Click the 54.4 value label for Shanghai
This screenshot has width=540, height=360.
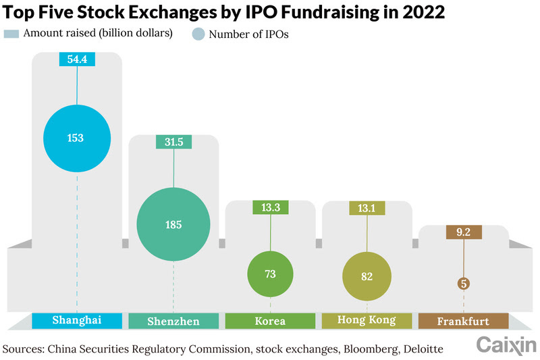76,59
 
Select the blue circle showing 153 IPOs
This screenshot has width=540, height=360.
76,138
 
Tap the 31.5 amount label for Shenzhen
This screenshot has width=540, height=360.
173,142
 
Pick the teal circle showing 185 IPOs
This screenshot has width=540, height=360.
173,224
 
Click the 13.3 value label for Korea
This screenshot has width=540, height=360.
270,208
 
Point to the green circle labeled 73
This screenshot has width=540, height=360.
270,274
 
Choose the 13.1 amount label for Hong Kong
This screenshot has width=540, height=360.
367,208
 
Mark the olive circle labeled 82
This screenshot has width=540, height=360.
367,276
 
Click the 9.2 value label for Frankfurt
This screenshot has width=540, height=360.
463,232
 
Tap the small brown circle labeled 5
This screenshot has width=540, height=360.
463,283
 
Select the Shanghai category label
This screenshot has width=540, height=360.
76,320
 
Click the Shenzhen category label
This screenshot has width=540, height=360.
173,321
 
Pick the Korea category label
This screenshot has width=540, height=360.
270,321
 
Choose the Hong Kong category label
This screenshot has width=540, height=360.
367,320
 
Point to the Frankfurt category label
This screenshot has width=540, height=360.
463,321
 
